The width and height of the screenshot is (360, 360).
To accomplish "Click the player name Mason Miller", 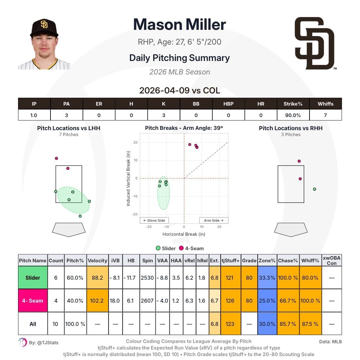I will click(x=179, y=25).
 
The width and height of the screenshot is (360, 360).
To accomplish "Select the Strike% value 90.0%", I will click(x=293, y=115).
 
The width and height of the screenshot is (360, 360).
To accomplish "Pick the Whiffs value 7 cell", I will click(x=325, y=115).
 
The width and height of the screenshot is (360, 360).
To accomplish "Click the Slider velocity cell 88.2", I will click(x=97, y=277).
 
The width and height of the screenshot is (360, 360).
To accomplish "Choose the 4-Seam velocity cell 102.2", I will click(x=97, y=300).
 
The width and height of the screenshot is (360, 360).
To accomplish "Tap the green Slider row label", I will click(x=33, y=277).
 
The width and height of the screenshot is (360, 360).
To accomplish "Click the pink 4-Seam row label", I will click(x=33, y=300).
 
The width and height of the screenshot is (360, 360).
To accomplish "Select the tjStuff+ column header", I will click(x=230, y=260).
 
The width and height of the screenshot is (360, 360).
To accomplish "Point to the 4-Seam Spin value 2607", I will click(x=147, y=300).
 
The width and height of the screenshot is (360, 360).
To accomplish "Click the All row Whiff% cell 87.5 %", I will click(x=310, y=324).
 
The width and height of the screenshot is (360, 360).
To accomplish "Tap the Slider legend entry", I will click(x=167, y=248).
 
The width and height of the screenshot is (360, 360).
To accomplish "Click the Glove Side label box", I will click(x=154, y=220).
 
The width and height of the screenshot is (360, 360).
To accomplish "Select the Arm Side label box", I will click(x=213, y=220).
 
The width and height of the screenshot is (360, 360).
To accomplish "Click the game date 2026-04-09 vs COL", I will click(x=179, y=90).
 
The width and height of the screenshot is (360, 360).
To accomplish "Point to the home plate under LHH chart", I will click(x=69, y=229).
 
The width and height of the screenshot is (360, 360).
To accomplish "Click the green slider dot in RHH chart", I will click(x=314, y=189).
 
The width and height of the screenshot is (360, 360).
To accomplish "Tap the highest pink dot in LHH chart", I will click(x=56, y=158).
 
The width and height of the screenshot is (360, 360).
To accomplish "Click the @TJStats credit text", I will click(x=44, y=343).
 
